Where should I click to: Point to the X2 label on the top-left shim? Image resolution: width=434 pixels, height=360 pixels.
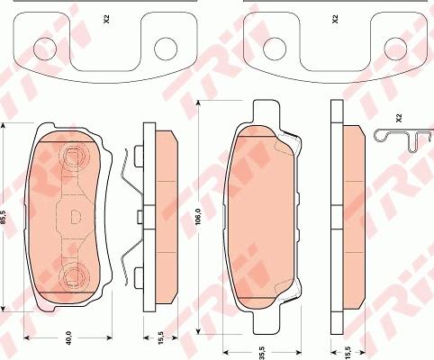pyautogui.click(x=105, y=17)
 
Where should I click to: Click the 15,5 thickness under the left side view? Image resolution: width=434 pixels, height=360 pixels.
pyautogui.click(x=159, y=338)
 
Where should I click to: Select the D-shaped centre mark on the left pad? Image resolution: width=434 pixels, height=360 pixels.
pyautogui.click(x=74, y=217)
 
